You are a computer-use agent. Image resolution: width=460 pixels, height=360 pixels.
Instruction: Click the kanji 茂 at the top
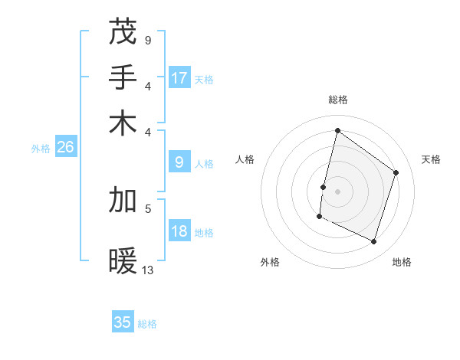coord(123,32)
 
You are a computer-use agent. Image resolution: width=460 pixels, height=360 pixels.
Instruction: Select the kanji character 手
coord(123,77)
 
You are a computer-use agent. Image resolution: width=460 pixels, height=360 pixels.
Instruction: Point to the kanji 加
coord(123,200)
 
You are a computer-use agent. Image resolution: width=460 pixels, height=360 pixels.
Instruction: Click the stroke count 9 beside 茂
coord(147,40)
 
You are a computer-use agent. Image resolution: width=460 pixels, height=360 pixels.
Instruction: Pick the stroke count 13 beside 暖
coord(148,270)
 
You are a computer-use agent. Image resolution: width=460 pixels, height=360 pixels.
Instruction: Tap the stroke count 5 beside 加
coord(147,208)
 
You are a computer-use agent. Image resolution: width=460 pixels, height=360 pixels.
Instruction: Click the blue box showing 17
coord(179,77)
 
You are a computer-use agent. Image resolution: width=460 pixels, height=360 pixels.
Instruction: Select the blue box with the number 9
coord(179,162)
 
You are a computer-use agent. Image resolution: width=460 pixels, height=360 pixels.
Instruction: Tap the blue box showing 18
coord(179,231)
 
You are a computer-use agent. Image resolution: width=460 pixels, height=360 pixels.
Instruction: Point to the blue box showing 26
coord(65,147)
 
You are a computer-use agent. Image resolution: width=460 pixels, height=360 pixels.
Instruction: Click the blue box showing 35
coord(123,322)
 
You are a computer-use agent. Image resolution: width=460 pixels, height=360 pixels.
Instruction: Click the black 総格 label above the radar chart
coord(337,100)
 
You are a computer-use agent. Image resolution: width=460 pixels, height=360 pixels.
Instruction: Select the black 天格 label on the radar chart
coord(431,159)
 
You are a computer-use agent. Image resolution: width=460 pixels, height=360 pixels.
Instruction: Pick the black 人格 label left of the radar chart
coord(245,159)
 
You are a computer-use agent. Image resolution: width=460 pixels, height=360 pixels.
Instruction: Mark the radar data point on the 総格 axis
coord(337,130)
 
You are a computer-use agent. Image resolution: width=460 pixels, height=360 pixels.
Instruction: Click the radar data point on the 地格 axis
coord(373,242)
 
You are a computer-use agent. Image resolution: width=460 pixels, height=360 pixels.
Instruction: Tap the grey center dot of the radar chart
coord(337,191)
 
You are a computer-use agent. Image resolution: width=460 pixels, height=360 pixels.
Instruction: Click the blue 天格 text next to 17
coord(204,79)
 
